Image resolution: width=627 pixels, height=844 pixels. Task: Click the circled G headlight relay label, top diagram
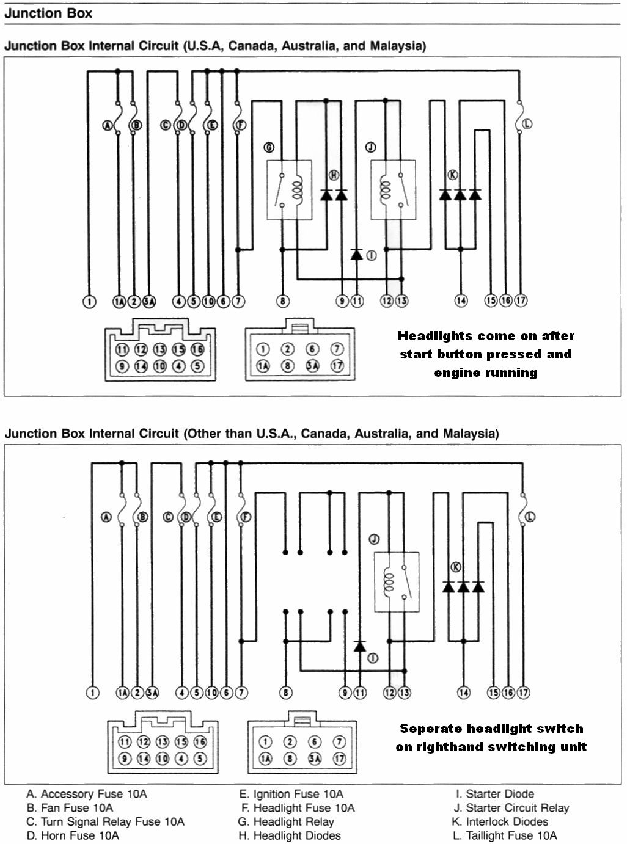coord(268,147)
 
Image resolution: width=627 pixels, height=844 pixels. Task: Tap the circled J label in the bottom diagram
coord(374,539)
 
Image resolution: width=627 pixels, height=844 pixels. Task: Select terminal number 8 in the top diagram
coord(282,300)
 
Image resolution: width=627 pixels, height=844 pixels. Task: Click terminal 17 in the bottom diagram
coord(523,693)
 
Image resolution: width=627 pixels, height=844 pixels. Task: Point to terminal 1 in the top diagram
coord(89,300)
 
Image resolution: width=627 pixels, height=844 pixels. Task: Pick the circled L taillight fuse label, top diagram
coord(527,124)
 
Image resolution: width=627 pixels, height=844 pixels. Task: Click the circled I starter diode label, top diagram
coord(371,256)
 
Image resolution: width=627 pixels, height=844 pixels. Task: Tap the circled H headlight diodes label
coord(334,175)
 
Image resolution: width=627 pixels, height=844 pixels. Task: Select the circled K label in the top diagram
coord(453,175)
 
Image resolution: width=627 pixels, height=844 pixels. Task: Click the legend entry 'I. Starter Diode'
coord(495,794)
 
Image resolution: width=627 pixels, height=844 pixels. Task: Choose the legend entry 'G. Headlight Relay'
coord(286,821)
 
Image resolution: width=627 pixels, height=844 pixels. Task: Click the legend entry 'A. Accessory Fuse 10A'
coord(87,794)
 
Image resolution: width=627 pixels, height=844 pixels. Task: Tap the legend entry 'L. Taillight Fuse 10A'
coord(505,835)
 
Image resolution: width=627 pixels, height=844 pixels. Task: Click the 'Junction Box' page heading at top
coord(48,13)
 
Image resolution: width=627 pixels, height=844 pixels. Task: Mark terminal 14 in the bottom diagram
coord(464,693)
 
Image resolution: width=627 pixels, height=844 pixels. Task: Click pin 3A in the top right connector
coord(312,366)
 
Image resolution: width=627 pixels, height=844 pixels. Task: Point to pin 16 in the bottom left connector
coord(200,742)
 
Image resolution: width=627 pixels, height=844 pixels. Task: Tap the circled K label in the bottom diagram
coord(455,567)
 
